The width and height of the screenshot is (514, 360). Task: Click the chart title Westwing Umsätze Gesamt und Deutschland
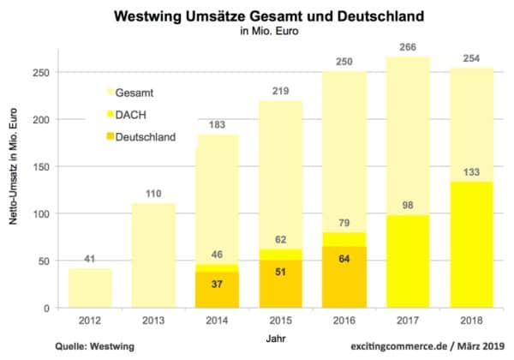point(258,16)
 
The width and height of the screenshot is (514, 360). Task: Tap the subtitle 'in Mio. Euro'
point(258,33)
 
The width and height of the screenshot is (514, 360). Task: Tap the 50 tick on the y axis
point(43,261)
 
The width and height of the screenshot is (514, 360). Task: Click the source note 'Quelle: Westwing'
point(53,345)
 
